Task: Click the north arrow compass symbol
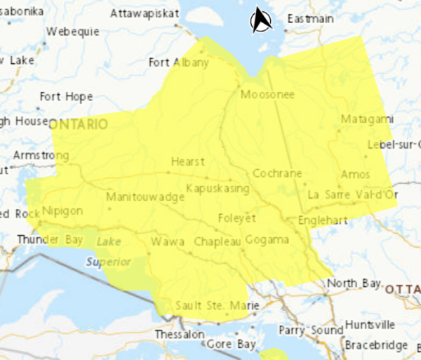(x=262, y=20)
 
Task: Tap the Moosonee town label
(x=267, y=95)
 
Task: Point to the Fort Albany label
(x=179, y=62)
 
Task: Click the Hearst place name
(x=187, y=161)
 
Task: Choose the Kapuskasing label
(x=218, y=188)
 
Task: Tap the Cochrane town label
(x=277, y=173)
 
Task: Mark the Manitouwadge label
(x=145, y=197)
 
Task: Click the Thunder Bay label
(x=50, y=239)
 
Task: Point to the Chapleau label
(x=217, y=241)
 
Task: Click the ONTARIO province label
(x=78, y=124)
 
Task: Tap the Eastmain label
(x=310, y=19)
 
